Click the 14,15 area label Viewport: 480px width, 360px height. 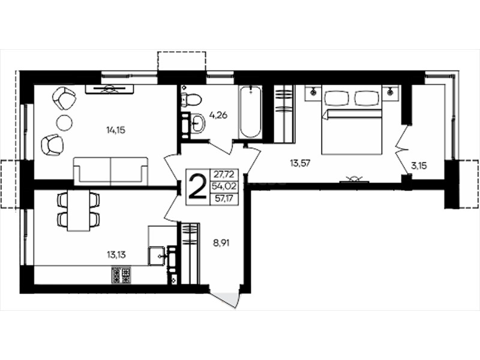pyautogui.click(x=116, y=130)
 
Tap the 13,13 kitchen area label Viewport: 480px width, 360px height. pyautogui.click(x=116, y=254)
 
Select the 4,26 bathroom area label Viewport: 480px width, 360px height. pyautogui.click(x=218, y=115)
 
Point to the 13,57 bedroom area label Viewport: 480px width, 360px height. pyautogui.click(x=300, y=163)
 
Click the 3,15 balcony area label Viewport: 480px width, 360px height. pyautogui.click(x=419, y=166)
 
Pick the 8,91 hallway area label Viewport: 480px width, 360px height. pyautogui.click(x=221, y=244)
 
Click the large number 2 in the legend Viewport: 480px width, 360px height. pyautogui.click(x=198, y=187)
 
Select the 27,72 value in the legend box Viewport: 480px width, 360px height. pyautogui.click(x=224, y=175)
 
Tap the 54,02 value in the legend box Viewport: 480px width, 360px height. pyautogui.click(x=224, y=187)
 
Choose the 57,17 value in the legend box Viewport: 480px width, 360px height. pyautogui.click(x=224, y=199)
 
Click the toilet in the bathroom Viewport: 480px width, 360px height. pyautogui.click(x=191, y=99)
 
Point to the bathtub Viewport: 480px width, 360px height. pyautogui.click(x=251, y=112)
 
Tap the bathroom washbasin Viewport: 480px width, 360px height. pyautogui.click(x=198, y=124)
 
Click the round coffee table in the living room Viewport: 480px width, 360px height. pyautogui.click(x=64, y=123)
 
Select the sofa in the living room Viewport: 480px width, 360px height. pyautogui.click(x=110, y=172)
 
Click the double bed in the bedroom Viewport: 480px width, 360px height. pyautogui.click(x=352, y=119)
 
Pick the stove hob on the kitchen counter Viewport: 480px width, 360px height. pyautogui.click(x=122, y=275)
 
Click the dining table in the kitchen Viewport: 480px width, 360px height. pyautogui.click(x=79, y=211)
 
